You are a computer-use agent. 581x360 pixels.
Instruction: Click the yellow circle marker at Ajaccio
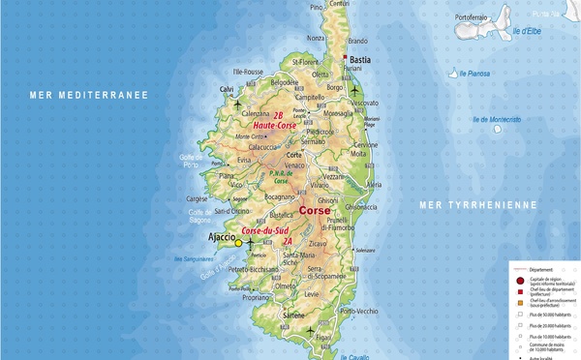[238, 243]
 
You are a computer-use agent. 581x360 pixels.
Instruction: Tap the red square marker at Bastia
[344, 57]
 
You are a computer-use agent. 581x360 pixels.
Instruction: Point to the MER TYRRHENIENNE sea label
[476, 205]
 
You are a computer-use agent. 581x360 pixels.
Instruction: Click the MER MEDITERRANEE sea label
[88, 95]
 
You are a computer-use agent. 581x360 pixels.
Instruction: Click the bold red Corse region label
[315, 210]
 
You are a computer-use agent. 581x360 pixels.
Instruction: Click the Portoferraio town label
[480, 16]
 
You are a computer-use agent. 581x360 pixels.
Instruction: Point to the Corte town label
[294, 155]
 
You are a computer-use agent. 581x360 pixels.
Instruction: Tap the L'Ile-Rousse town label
[249, 72]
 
